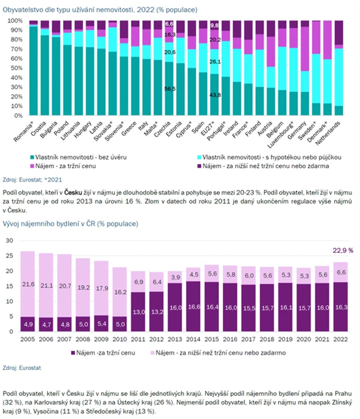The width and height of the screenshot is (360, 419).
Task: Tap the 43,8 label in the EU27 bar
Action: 214,95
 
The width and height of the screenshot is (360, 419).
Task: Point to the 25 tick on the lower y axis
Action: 10,255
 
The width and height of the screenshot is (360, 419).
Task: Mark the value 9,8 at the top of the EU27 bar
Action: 214,26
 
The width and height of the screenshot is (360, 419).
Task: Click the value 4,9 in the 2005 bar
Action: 28,325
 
